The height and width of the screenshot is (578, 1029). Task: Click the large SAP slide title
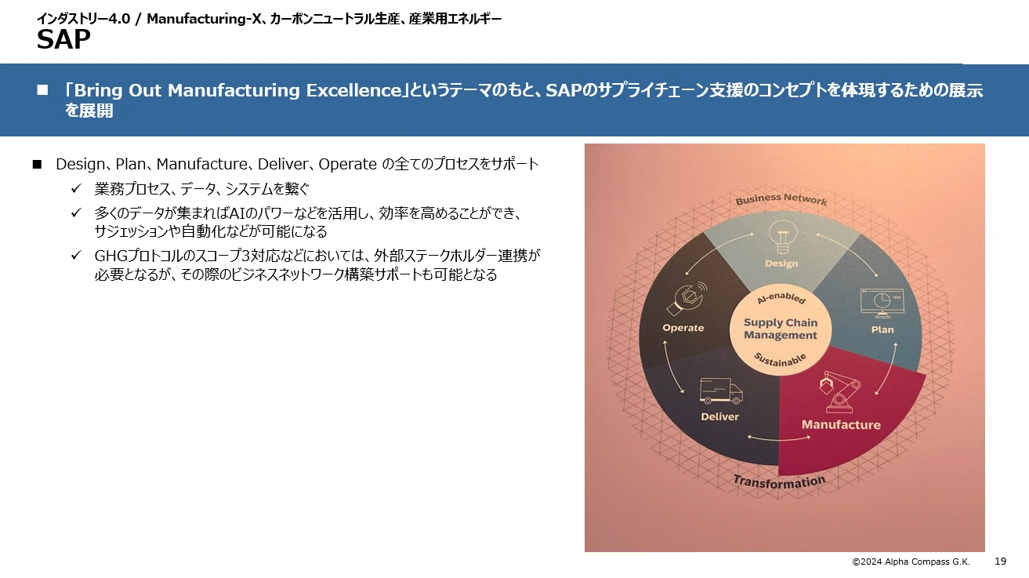(63, 39)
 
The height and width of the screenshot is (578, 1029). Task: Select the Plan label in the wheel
(882, 329)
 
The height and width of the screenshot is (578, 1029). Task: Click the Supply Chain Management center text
(781, 329)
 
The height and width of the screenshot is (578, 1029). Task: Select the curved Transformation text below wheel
(779, 481)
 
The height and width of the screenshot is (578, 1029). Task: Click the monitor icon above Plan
(883, 302)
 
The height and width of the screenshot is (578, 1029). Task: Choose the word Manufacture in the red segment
(841, 425)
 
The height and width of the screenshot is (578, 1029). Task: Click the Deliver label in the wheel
(719, 416)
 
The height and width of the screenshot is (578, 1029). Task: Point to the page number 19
(1000, 561)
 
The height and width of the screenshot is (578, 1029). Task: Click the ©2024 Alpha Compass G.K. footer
(911, 562)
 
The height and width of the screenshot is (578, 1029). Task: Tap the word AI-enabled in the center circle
(780, 303)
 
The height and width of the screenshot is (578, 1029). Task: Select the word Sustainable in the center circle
(780, 360)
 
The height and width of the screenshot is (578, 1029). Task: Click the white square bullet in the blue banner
(43, 91)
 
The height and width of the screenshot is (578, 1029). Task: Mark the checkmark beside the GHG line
(76, 256)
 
